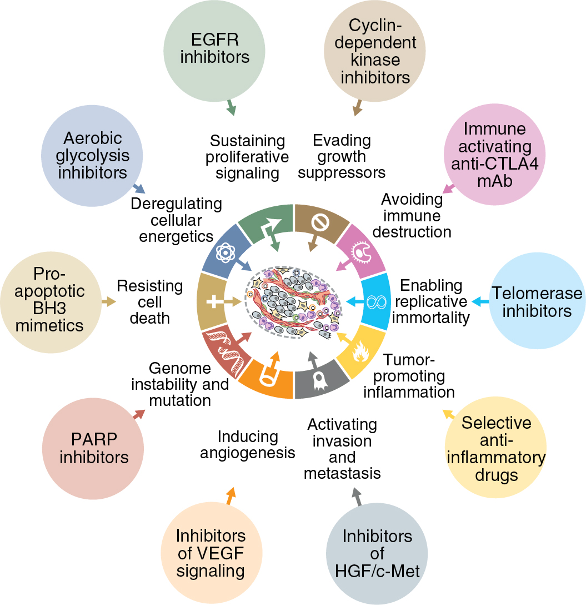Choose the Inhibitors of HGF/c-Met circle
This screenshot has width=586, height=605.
(377, 553)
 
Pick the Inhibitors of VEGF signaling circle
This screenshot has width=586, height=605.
(211, 553)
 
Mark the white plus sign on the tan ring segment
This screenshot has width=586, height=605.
(212, 302)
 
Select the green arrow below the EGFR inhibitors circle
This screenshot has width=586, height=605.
(230, 107)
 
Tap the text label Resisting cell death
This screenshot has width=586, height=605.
(149, 302)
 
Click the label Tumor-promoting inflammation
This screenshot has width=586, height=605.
(409, 376)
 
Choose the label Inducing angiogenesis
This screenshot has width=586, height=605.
(247, 445)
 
